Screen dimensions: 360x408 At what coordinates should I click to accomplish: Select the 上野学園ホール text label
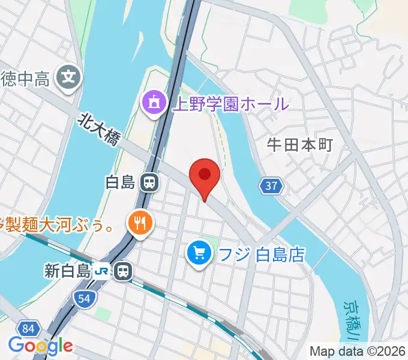pos(230,104)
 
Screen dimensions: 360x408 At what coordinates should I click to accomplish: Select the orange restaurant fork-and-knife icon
pos(140,224)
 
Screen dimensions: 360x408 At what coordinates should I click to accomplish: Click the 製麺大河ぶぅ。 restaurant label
pos(57,226)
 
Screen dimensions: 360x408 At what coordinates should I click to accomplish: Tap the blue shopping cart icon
pos(199,254)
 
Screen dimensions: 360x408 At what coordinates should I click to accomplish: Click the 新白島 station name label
pos(67,271)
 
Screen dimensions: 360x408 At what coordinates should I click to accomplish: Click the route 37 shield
pos(271,186)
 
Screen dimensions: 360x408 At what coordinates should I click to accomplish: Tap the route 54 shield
pos(85,297)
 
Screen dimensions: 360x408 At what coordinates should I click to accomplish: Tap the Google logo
pos(40,346)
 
